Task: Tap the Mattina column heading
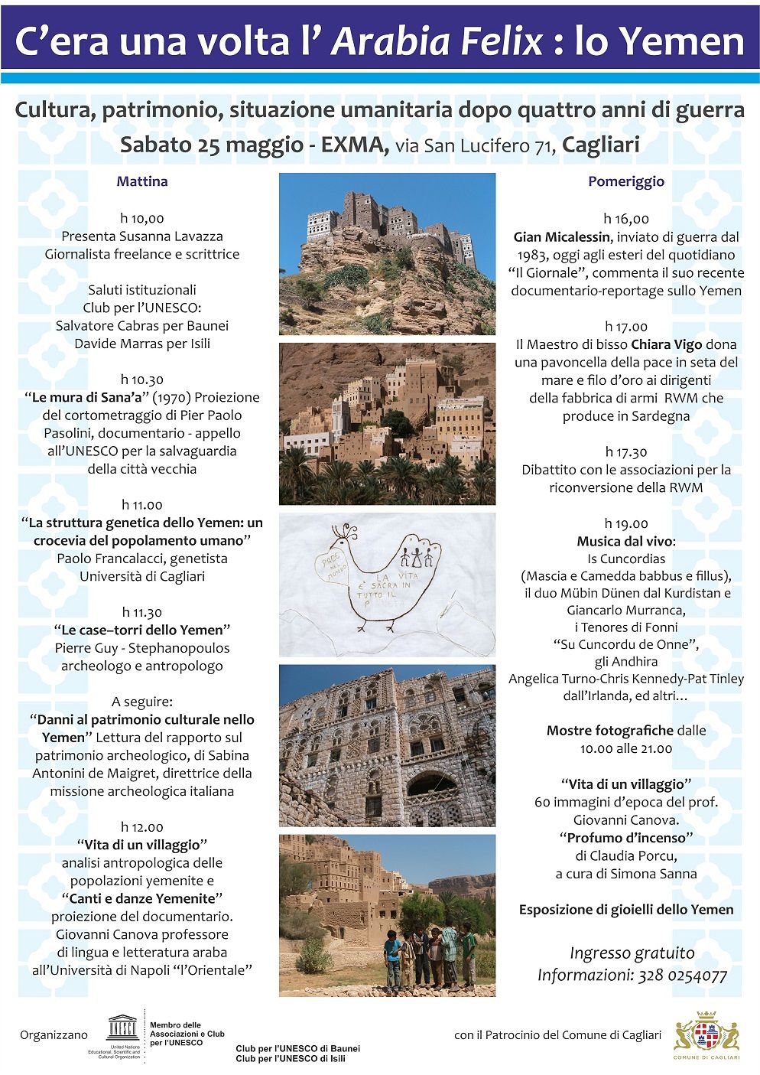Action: pos(142,181)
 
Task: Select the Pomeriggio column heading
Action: pos(626,181)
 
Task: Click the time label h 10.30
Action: pos(141,380)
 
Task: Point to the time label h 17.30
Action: pos(625,451)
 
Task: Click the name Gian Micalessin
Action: pos(562,237)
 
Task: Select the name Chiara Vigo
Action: pos(666,344)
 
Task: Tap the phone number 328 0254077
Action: pos(680,976)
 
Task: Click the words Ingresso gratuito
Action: pos(632,953)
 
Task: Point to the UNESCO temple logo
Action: pos(122,1026)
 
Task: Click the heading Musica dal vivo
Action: pos(626,542)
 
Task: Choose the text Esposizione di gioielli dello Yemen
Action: pos(626,910)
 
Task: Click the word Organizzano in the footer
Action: pos(54,1035)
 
